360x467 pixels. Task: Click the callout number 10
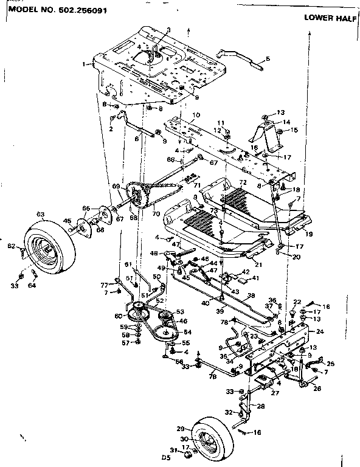(196, 114)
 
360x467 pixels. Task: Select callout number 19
(309, 233)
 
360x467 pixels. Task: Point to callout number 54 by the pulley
(187, 332)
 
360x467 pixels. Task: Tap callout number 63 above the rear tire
(41, 214)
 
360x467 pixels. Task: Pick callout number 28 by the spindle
(261, 406)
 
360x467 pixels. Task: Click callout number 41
(255, 278)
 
